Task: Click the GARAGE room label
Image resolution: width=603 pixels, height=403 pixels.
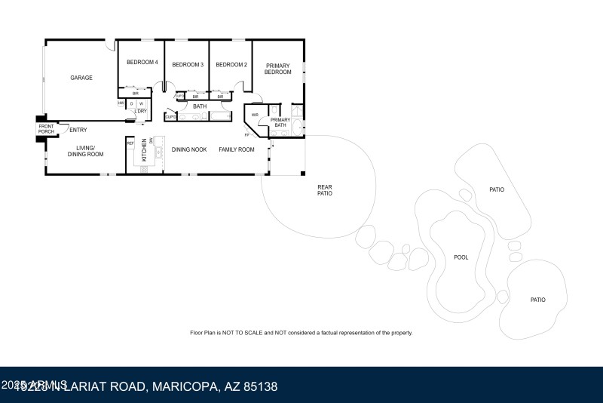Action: tap(81, 78)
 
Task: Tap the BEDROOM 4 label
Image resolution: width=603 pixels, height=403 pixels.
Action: tap(142, 63)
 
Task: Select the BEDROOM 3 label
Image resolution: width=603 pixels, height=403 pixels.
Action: tap(188, 65)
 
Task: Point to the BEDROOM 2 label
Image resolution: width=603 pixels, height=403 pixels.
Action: tap(231, 65)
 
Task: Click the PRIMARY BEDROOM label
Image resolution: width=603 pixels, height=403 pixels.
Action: tap(277, 69)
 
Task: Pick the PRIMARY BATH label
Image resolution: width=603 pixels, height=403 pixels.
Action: tap(280, 122)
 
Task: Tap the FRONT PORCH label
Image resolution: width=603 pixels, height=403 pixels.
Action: tap(46, 129)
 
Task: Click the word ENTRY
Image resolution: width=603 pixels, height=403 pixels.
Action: tap(78, 130)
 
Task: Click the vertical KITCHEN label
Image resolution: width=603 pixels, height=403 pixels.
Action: tap(145, 151)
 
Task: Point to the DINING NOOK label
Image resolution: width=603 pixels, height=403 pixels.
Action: tap(189, 149)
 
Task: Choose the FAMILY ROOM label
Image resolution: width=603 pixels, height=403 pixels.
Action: tap(237, 149)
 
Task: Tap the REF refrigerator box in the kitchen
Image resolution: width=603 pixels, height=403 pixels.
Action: tap(130, 143)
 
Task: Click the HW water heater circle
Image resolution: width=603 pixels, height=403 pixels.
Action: tap(121, 103)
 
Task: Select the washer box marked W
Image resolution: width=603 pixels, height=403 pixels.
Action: tap(141, 103)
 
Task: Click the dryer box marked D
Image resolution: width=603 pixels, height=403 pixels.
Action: tap(131, 103)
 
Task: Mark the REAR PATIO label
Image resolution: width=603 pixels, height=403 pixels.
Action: tap(325, 190)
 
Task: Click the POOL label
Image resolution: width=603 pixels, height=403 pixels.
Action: tap(461, 257)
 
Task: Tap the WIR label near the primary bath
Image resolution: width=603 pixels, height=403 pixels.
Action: tap(256, 115)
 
